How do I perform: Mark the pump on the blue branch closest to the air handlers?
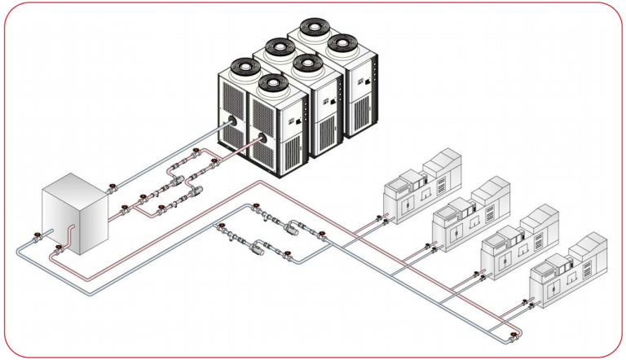coord(291,229)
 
